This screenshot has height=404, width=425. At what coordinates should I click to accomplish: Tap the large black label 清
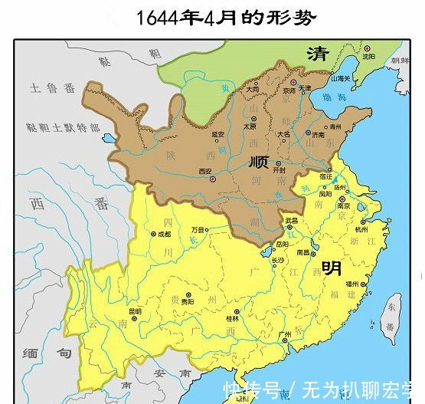pos(317,53)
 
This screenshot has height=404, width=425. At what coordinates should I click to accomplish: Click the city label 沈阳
pos(368,56)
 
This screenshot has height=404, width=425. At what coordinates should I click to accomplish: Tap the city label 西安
pos(204,171)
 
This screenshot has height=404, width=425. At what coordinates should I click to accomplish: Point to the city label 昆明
pos(135,311)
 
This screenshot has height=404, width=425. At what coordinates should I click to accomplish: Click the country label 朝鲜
pos(400,61)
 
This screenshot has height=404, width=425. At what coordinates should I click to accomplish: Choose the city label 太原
pos(249,126)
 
